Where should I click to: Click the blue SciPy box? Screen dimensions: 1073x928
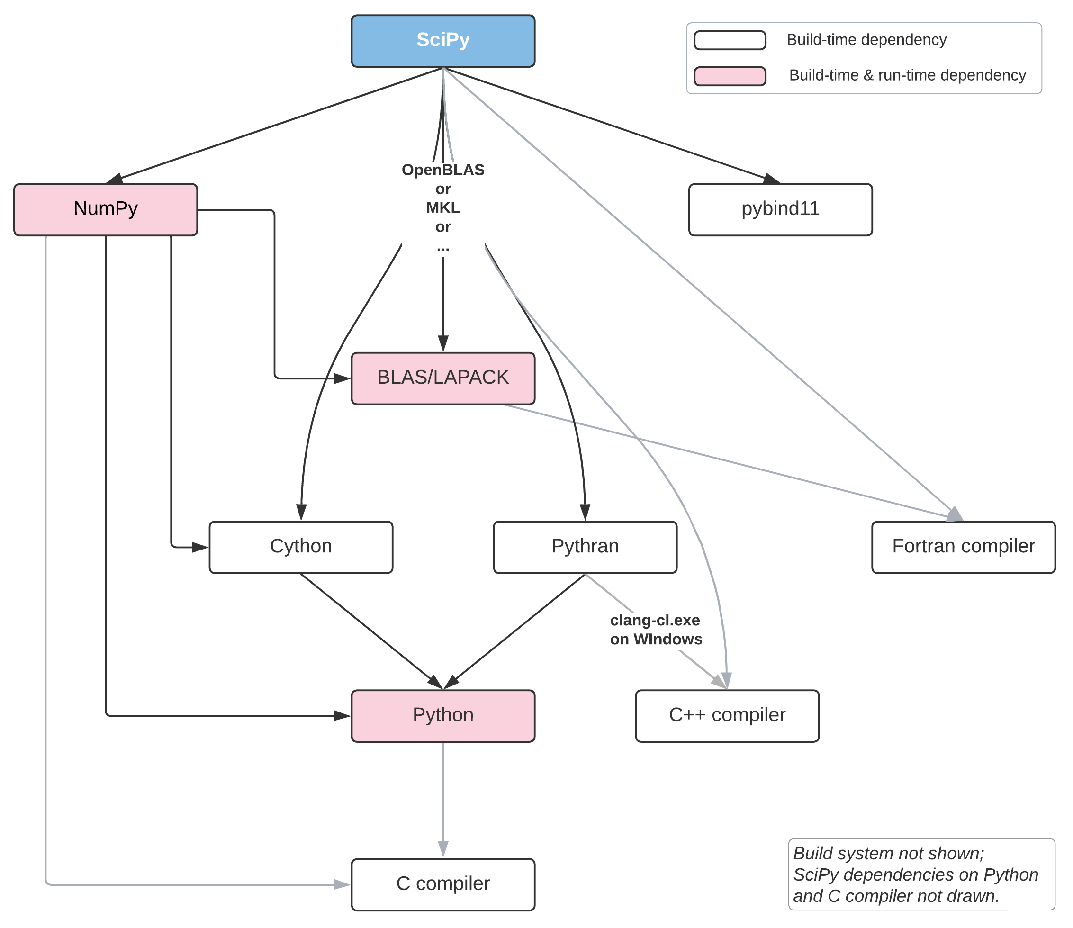coord(443,41)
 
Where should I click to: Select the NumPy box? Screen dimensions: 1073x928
coord(106,210)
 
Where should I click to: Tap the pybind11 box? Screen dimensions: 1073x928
coord(780,210)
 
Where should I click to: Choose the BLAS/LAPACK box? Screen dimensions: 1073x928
coord(443,378)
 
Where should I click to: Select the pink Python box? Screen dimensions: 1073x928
coord(443,716)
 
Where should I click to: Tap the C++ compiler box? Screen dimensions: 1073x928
coord(727,716)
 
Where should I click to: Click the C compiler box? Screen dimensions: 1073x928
coord(443,885)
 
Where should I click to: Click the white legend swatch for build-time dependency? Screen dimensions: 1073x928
coord(730,40)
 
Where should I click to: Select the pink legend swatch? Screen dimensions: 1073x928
coord(730,76)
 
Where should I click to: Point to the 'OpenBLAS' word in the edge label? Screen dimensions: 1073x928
coord(443,170)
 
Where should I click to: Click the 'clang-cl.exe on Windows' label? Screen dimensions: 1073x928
coord(656,629)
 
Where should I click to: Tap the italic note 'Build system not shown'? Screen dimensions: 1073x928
coord(889,853)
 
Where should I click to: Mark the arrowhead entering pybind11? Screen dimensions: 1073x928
coord(772,179)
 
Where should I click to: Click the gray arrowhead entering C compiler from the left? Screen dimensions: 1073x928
coord(343,884)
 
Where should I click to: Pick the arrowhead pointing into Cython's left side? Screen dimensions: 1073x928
coord(200,547)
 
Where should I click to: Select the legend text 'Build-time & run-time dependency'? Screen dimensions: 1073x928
coord(907,76)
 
